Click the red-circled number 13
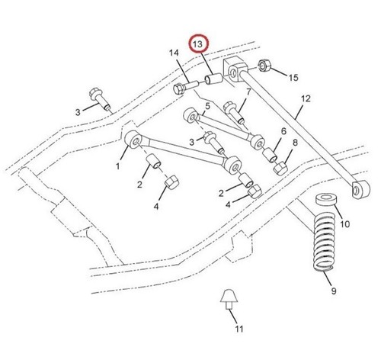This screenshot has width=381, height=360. coord(198,44)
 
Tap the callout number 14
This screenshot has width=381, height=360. coord(174,53)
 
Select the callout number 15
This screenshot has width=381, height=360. coord(293,78)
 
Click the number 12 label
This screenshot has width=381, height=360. coord(306,98)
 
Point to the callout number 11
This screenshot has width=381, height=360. coord(239,329)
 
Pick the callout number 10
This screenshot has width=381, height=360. coord(345,224)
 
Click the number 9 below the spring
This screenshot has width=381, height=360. coord(334,291)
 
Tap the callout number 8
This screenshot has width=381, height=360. coord(295,143)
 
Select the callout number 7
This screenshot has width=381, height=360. coord(248,92)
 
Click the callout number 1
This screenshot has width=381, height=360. coord(117,166)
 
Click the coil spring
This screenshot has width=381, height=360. coord(324,242)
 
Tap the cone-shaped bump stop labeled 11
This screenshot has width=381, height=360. coord(229,299)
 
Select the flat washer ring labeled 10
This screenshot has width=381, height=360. coord(326,199)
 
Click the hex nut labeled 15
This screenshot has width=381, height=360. coord(264,66)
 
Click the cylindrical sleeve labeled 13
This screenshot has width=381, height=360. coord(214,79)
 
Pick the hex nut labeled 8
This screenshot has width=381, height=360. coord(280,169)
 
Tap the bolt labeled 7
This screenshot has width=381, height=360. coord(235,112)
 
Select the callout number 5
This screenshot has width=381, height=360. coord(208,106)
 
